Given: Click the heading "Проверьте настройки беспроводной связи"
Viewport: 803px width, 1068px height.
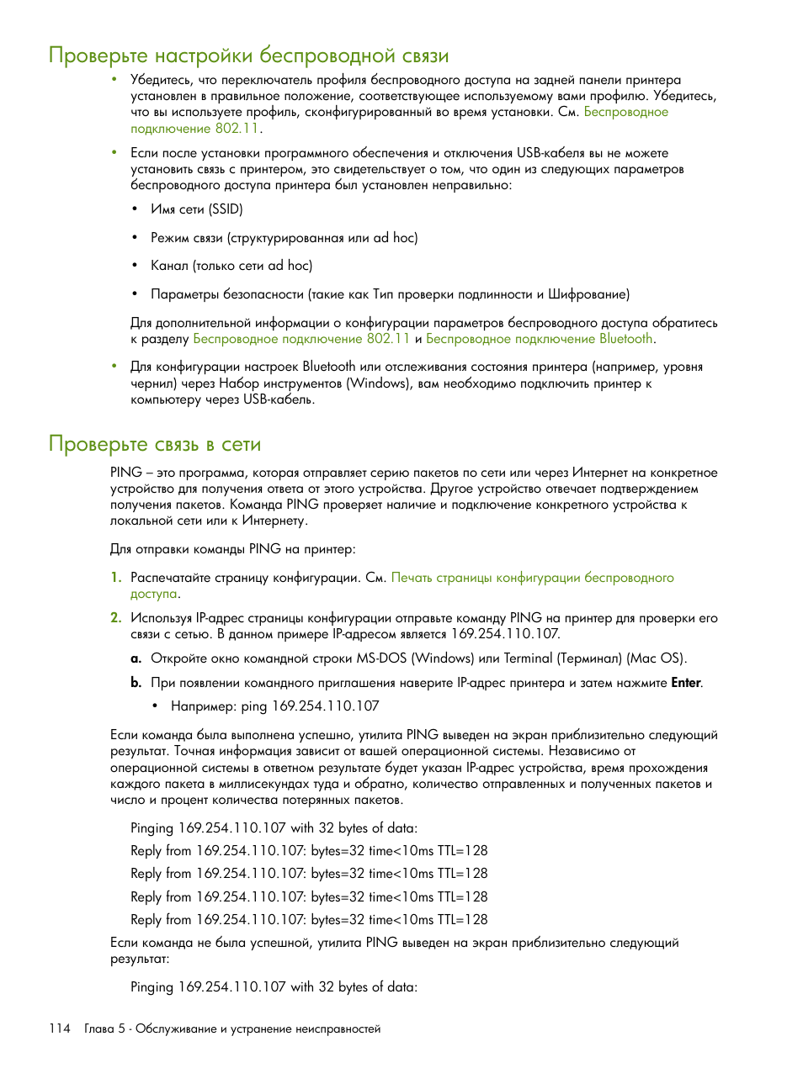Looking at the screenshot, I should coord(248,56).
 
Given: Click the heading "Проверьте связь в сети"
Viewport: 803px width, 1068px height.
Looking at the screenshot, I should coord(155,444).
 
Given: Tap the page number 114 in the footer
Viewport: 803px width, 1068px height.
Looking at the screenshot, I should coord(60,1028).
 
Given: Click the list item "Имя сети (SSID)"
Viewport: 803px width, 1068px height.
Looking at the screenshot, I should coord(196,209).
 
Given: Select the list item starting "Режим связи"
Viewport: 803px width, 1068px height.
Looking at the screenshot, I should coord(284,238).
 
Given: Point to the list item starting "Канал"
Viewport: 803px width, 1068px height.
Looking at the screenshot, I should coord(231,266).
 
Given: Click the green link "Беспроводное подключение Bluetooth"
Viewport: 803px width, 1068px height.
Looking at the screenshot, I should coord(539,339).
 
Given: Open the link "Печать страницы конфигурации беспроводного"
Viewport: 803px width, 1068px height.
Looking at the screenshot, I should coord(532,578).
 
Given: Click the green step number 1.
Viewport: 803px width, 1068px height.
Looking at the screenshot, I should coord(115,578).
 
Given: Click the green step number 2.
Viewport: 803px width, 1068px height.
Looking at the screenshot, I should coord(115,618).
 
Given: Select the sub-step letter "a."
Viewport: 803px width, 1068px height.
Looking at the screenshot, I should coord(136,658).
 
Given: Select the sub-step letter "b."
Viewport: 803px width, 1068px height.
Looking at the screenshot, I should coord(136,683).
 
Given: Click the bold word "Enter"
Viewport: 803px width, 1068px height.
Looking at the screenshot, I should coord(685,683).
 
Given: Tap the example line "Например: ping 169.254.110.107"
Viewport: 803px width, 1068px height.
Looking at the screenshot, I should coord(274,706).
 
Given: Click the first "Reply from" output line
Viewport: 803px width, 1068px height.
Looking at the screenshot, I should coord(309,851).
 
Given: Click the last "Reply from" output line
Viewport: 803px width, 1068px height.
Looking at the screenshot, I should coord(309,920).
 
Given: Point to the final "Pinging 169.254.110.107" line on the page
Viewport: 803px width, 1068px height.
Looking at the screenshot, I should coord(274,987).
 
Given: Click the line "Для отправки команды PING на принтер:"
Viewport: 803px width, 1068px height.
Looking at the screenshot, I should coord(232,549).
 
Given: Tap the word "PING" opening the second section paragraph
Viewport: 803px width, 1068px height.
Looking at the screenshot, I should coord(125,473).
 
